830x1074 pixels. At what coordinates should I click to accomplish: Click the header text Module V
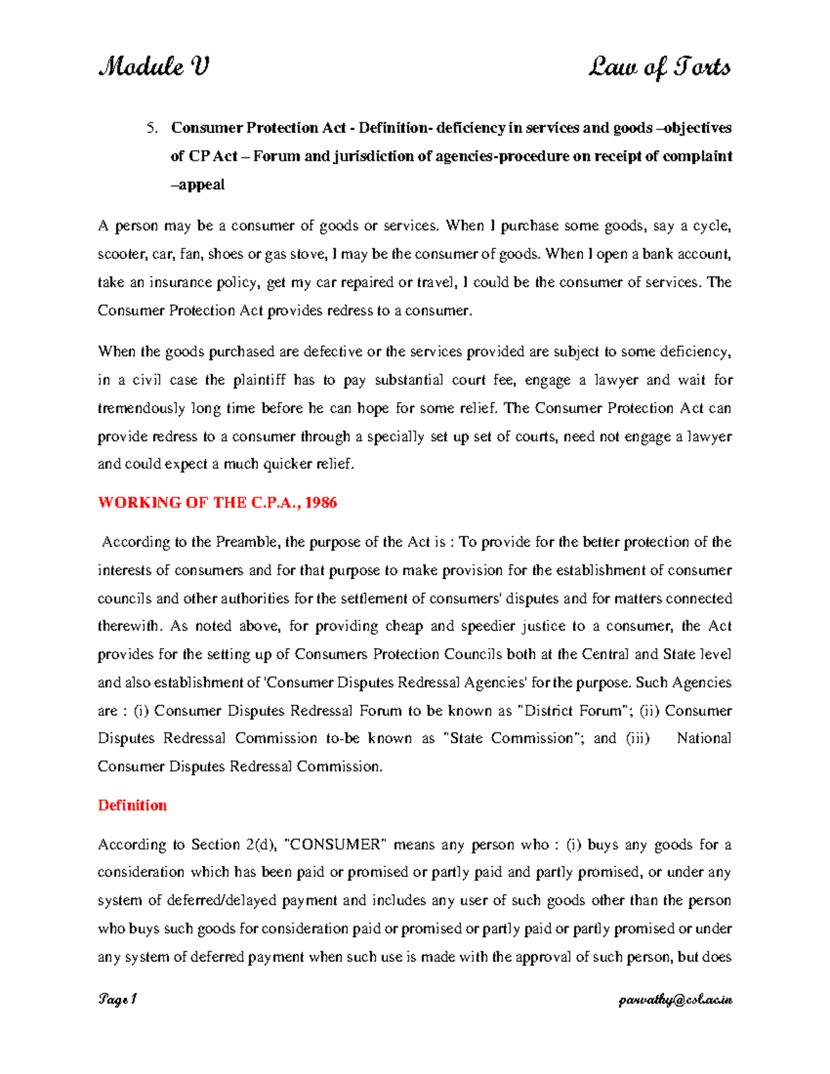click(153, 68)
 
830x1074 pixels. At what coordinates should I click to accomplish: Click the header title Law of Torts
click(658, 68)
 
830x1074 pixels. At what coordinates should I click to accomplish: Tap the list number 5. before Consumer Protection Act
click(152, 128)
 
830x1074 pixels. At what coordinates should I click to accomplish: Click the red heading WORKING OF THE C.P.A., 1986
click(217, 503)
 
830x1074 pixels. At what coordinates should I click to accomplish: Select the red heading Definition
click(132, 806)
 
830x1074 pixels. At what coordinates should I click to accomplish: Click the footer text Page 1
click(118, 1000)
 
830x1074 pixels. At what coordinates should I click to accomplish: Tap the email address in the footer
click(676, 1000)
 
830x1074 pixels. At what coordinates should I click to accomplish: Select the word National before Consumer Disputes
click(703, 739)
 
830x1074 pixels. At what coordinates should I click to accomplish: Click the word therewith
click(129, 627)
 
